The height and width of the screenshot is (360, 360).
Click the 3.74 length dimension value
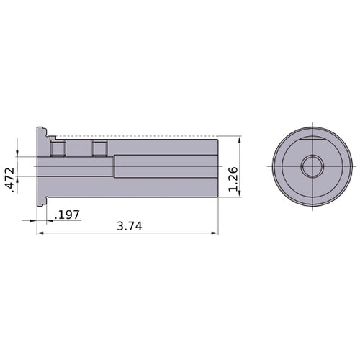(130, 225)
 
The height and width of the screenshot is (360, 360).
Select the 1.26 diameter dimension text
(232, 178)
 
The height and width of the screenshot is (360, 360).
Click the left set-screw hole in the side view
(58, 148)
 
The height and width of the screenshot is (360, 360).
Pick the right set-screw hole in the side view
(99, 148)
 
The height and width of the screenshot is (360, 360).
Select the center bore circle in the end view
(312, 166)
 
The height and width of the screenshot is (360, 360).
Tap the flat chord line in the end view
(312, 135)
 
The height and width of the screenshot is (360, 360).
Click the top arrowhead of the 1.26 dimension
(238, 139)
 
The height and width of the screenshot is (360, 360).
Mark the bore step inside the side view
(114, 166)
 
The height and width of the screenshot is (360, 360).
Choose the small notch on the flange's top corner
(52, 135)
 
